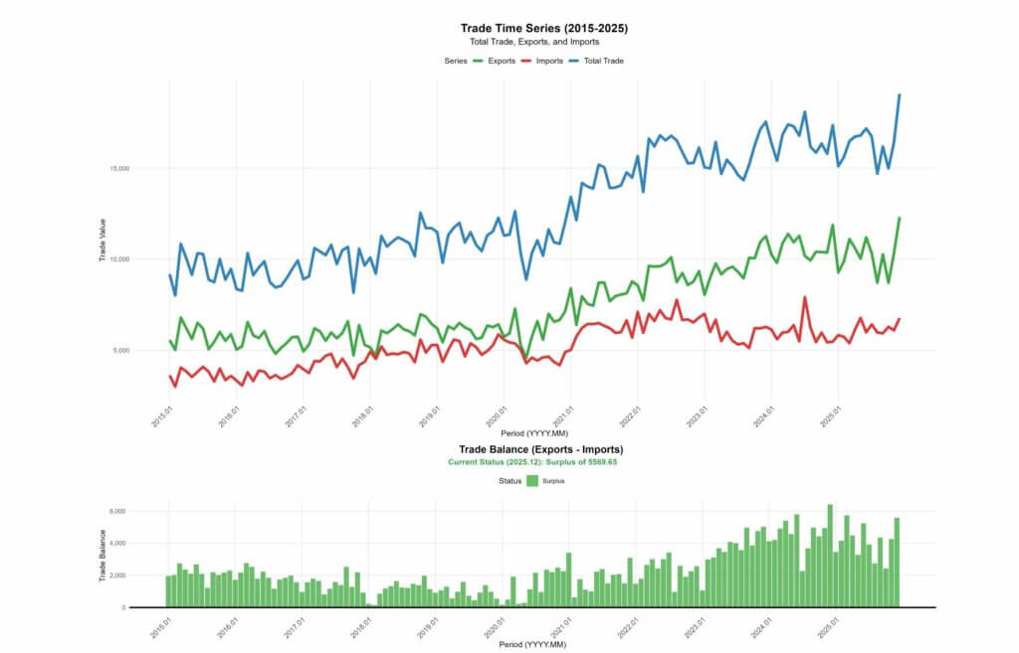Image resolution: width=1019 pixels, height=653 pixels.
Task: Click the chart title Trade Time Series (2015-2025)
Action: [543, 29]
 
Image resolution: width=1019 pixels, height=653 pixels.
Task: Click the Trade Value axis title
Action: [102, 241]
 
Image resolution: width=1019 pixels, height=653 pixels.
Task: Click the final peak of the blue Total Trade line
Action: [900, 95]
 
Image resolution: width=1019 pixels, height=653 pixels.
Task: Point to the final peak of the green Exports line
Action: [900, 218]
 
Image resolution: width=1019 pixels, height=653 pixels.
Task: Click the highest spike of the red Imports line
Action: [805, 297]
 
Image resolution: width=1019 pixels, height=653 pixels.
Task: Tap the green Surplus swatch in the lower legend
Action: [532, 481]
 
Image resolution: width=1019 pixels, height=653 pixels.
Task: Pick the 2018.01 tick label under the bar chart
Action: [361, 629]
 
